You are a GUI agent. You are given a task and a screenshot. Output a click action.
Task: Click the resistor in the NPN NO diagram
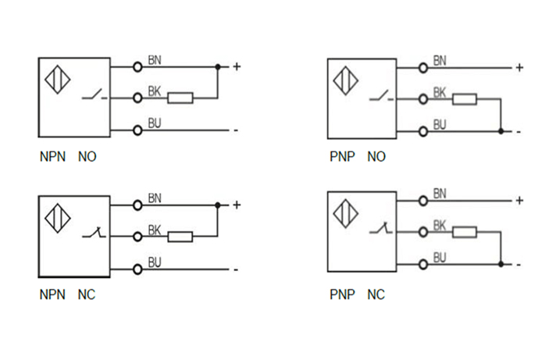(181, 98)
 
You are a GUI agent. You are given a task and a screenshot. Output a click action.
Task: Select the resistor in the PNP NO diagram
(465, 98)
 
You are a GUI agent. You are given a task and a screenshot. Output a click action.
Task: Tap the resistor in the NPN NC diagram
(180, 237)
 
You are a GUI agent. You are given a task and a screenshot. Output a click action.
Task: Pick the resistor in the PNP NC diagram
(465, 232)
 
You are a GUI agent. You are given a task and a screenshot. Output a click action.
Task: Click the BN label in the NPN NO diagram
(155, 60)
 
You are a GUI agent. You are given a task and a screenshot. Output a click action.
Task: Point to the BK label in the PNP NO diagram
(440, 92)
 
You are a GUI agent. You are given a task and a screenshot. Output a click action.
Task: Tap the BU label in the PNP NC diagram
(440, 257)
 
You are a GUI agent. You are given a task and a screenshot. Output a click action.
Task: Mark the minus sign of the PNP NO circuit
(519, 131)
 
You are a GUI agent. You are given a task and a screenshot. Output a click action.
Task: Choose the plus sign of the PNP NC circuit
(519, 201)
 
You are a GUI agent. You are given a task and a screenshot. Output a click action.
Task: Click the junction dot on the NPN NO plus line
(218, 66)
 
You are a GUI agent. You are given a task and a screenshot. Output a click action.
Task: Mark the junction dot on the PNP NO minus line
(501, 130)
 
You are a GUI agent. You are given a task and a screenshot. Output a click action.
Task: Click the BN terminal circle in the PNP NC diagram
(423, 201)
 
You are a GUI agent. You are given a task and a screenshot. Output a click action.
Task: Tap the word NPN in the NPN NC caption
(52, 296)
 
